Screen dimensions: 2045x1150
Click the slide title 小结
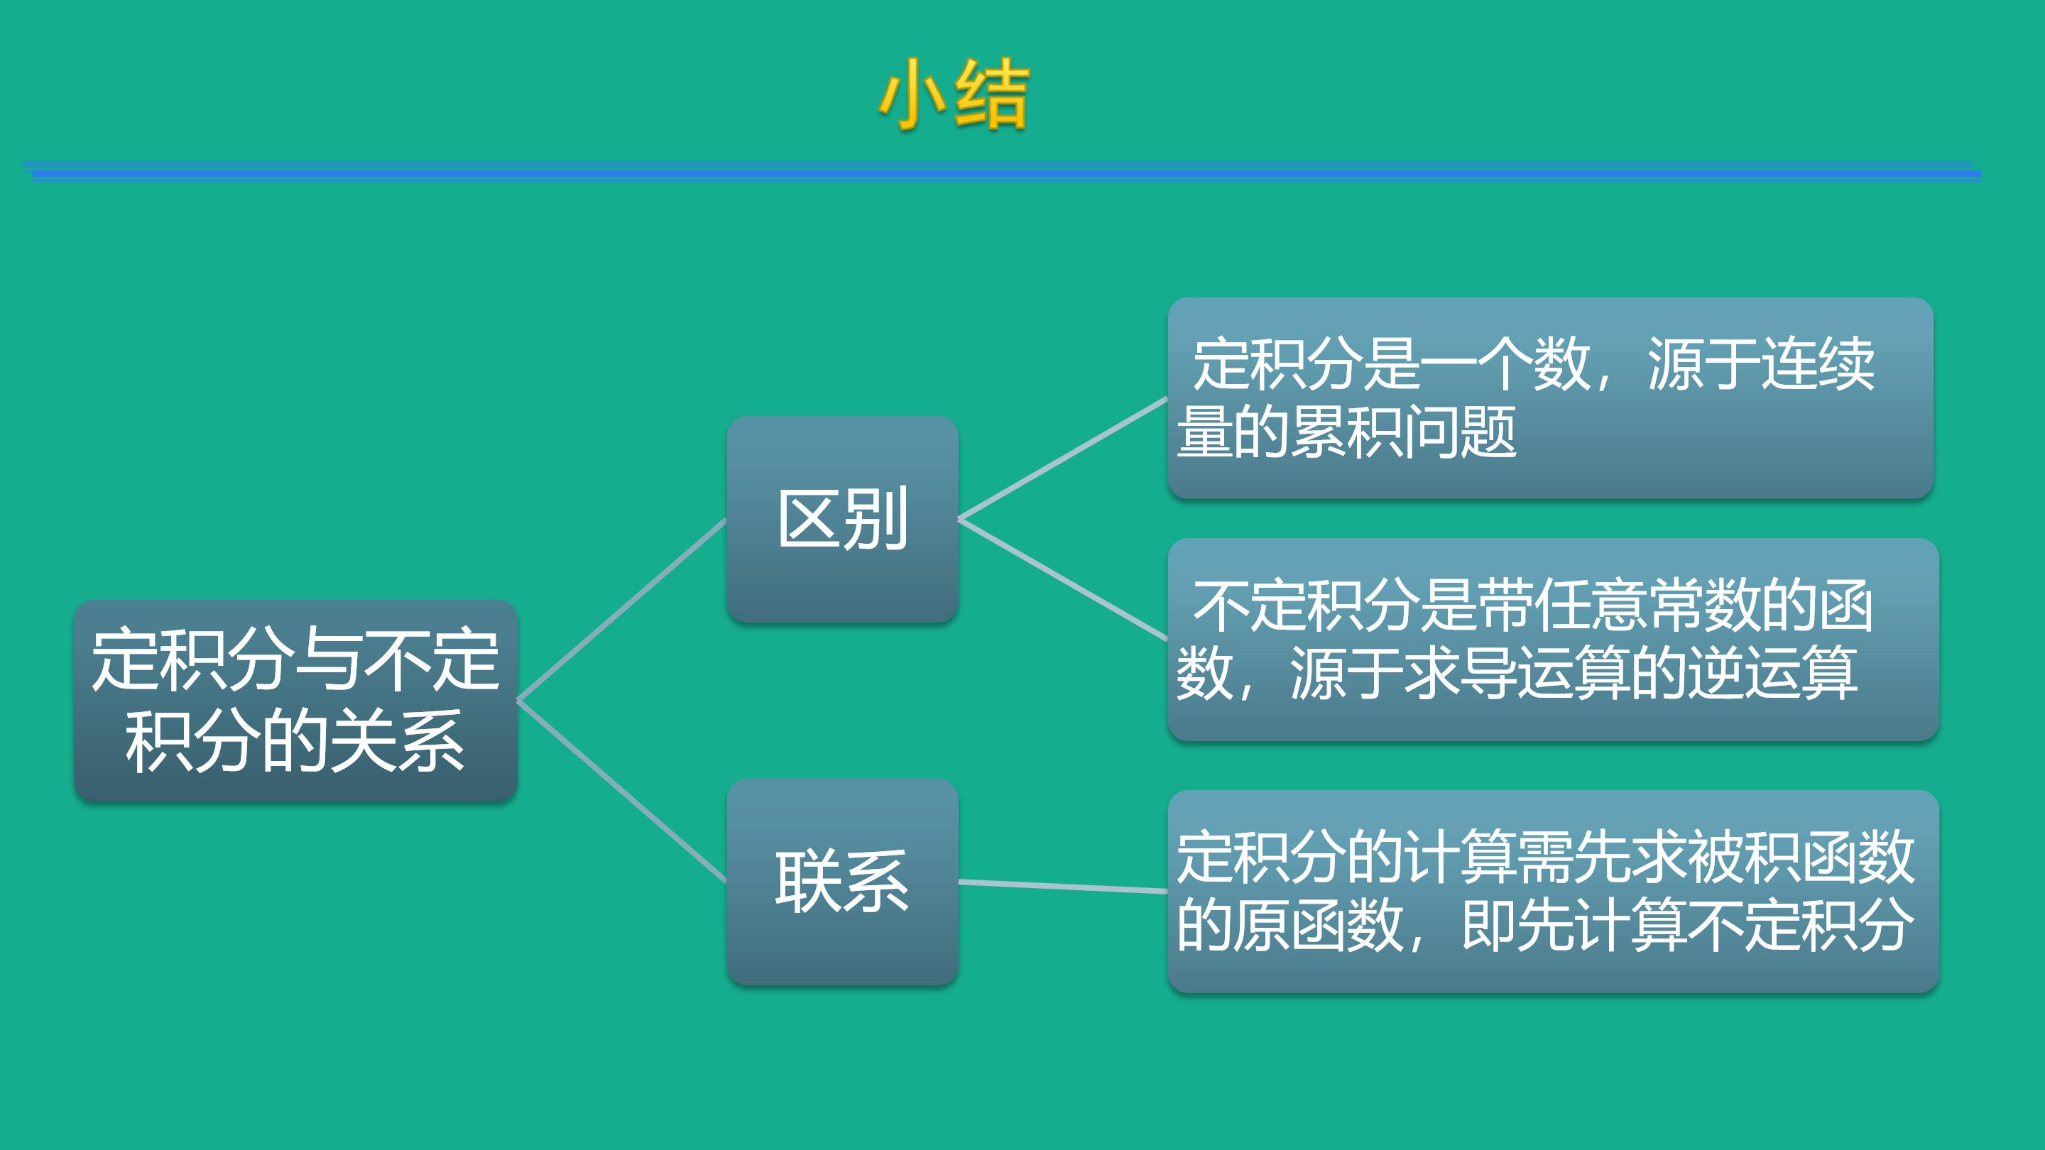(954, 94)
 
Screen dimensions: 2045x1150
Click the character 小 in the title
(913, 94)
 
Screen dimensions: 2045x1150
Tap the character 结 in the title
(991, 94)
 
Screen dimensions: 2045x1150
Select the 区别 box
(842, 519)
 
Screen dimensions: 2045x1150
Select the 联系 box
(842, 881)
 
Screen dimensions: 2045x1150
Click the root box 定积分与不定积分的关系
(295, 700)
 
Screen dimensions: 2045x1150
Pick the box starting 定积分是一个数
(1550, 398)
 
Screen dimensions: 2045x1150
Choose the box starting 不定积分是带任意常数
(1553, 640)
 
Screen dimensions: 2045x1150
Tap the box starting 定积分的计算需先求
(1553, 892)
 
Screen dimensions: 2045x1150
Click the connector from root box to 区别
(621, 610)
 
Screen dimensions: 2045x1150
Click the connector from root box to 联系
(621, 791)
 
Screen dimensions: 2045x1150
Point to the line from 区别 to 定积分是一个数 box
(1063, 458)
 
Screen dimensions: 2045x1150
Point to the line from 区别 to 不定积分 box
(1063, 579)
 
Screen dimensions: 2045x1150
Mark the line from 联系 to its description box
(1063, 887)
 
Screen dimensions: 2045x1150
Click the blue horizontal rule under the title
(1002, 171)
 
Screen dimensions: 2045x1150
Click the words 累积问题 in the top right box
(1405, 432)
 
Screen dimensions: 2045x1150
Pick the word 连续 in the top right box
(1818, 363)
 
